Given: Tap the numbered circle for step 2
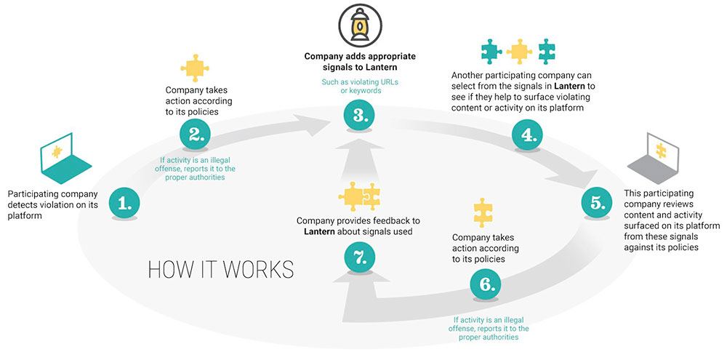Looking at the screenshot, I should (194, 133).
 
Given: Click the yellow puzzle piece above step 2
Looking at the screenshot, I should (194, 68).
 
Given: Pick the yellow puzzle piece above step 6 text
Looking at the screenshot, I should (483, 212).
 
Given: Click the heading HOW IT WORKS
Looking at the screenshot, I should (221, 270).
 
